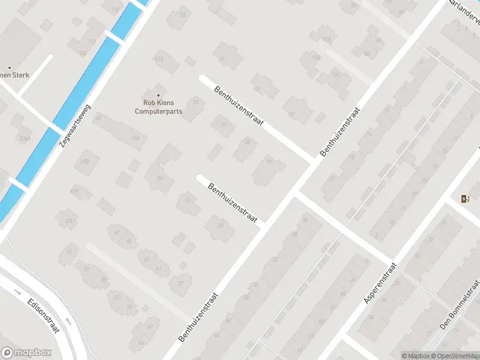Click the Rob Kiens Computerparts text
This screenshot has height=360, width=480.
click(x=158, y=107)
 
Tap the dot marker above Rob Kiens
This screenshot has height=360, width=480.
click(x=158, y=95)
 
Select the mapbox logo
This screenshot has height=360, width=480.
click(x=26, y=353)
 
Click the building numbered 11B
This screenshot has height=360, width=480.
click(x=315, y=58)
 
